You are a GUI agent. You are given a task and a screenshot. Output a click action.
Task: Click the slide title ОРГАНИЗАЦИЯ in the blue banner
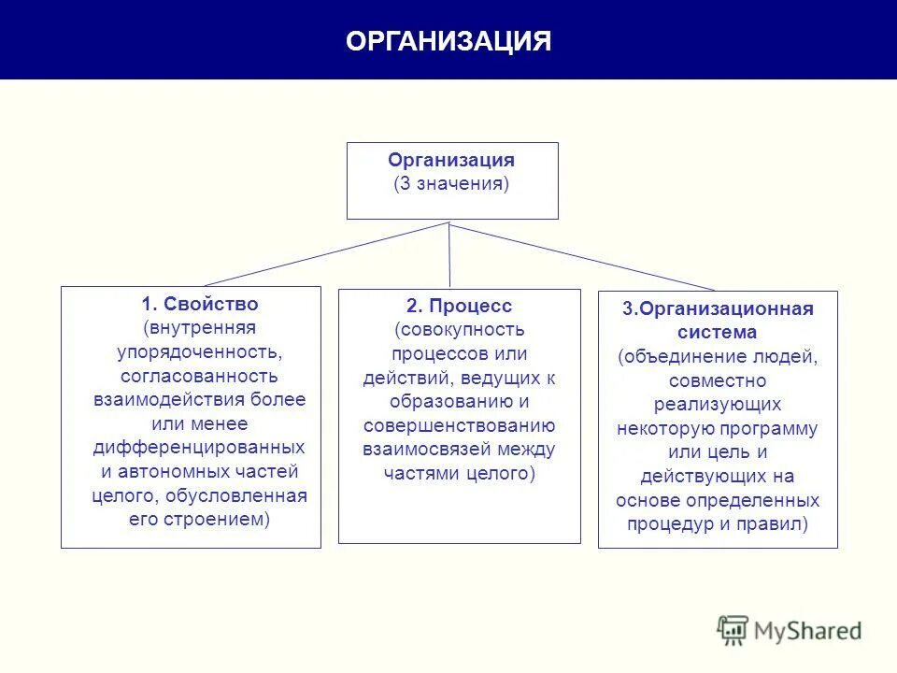[448, 41]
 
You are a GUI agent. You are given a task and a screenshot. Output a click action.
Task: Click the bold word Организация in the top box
[451, 160]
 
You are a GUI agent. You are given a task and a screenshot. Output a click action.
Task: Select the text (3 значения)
[451, 183]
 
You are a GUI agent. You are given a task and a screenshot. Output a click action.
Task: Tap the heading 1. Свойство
[199, 305]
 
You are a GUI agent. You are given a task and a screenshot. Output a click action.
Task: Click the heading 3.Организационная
[718, 308]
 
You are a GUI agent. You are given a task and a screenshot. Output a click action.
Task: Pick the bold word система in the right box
[718, 332]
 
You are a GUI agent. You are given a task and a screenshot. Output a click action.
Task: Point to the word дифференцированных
[199, 447]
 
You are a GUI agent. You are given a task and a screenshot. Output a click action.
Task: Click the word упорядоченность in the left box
[199, 352]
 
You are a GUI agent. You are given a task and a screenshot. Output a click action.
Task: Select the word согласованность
[199, 377]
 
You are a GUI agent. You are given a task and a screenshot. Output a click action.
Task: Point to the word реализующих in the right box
[718, 404]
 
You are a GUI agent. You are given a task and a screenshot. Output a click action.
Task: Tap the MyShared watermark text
[807, 631]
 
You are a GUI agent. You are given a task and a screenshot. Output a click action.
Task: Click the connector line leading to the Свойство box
[327, 253]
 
